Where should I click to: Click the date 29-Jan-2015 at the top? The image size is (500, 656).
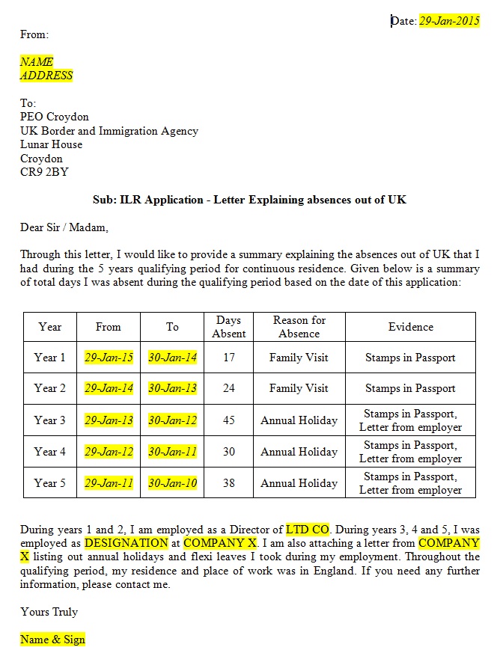pyautogui.click(x=449, y=21)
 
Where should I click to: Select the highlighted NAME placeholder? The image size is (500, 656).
pyautogui.click(x=37, y=62)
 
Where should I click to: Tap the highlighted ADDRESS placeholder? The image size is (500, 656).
pyautogui.click(x=46, y=76)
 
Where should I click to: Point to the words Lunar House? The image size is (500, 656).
pyautogui.click(x=51, y=144)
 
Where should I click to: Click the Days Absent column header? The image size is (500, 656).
pyautogui.click(x=228, y=327)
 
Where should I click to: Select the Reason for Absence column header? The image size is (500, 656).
pyautogui.click(x=299, y=327)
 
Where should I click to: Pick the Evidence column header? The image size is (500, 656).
pyautogui.click(x=410, y=327)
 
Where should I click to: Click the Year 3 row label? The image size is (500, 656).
pyautogui.click(x=50, y=420)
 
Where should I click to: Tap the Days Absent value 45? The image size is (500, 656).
pyautogui.click(x=228, y=420)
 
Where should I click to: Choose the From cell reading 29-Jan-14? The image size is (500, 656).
pyautogui.click(x=109, y=389)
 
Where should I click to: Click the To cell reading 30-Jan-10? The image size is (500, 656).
pyautogui.click(x=172, y=483)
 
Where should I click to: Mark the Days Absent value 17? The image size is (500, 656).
pyautogui.click(x=228, y=358)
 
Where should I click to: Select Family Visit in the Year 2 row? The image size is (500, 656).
pyautogui.click(x=299, y=389)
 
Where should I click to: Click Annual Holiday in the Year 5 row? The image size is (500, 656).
pyautogui.click(x=299, y=483)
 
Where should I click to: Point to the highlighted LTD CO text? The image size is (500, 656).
pyautogui.click(x=308, y=530)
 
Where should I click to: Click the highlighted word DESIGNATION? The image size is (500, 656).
pyautogui.click(x=126, y=543)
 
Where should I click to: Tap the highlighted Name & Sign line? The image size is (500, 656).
pyautogui.click(x=52, y=640)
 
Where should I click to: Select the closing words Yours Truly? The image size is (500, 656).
pyautogui.click(x=49, y=612)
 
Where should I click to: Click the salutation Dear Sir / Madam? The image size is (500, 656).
pyautogui.click(x=64, y=227)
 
